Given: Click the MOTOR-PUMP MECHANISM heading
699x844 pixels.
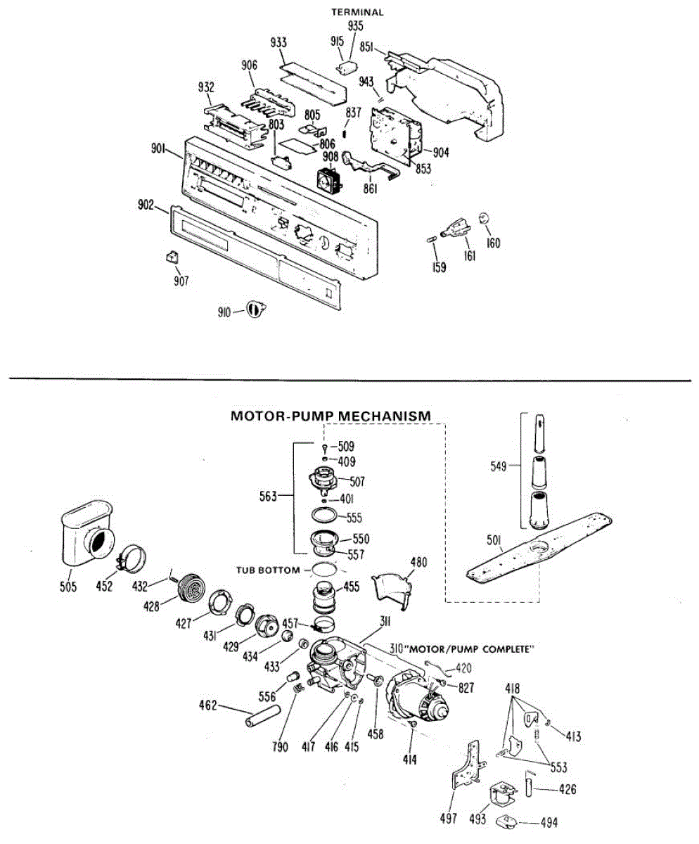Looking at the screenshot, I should [331, 416].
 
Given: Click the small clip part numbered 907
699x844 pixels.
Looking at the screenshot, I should [171, 257].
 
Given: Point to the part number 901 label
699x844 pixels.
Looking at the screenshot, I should [158, 148].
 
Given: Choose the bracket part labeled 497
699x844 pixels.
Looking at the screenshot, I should [465, 770].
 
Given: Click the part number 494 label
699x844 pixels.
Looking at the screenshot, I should [548, 822].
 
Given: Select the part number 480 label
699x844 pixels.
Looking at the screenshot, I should [419, 562].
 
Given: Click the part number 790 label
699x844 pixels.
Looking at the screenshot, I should [281, 748].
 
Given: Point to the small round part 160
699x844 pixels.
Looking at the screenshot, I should [484, 217].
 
